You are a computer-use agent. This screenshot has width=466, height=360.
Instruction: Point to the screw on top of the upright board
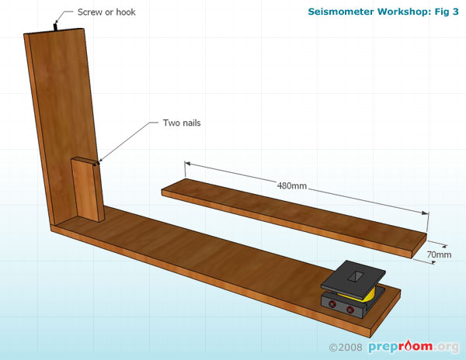[x=56, y=27]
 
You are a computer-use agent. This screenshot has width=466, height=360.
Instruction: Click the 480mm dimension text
[x=290, y=185]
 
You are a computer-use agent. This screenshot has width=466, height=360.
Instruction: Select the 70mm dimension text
[x=439, y=254]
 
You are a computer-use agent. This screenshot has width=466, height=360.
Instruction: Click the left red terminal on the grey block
[x=335, y=305]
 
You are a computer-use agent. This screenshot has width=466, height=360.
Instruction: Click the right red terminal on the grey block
[x=350, y=312]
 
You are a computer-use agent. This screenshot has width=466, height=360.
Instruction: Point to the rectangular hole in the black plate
[x=357, y=275]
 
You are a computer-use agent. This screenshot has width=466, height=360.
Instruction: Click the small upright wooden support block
[x=87, y=190]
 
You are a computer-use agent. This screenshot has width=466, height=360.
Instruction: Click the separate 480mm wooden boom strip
[x=295, y=217]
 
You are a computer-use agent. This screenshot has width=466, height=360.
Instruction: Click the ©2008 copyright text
[x=347, y=347]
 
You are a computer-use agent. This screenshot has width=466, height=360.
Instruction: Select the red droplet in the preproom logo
[x=410, y=347]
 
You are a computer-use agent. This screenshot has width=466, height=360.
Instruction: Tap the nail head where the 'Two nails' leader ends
[x=97, y=164]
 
